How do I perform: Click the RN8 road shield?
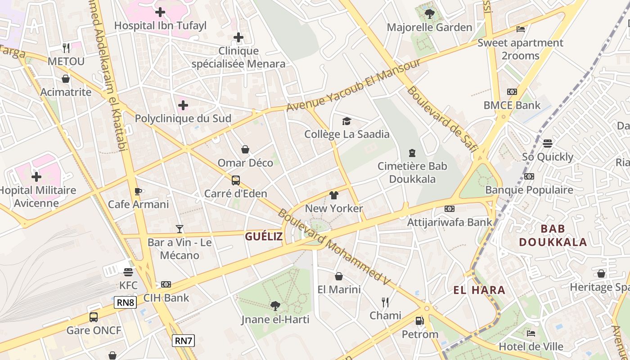(126, 302)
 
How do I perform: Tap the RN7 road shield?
(183, 341)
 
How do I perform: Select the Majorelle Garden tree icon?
(430, 13)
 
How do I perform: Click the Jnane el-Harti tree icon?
(275, 306)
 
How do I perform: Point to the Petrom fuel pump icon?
(419, 321)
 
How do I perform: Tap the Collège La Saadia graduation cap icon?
(346, 121)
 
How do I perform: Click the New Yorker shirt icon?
(333, 195)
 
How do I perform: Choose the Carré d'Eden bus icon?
(236, 180)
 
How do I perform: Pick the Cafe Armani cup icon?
(138, 191)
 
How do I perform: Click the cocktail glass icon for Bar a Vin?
(180, 229)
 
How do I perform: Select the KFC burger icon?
(128, 272)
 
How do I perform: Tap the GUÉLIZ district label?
(264, 237)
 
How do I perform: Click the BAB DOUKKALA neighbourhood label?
(553, 235)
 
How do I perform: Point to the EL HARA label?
(479, 290)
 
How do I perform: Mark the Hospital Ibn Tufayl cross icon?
(160, 12)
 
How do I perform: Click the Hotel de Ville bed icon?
(531, 333)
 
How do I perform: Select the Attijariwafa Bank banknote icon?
(449, 209)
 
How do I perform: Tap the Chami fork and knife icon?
(385, 302)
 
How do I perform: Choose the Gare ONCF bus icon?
(94, 317)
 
